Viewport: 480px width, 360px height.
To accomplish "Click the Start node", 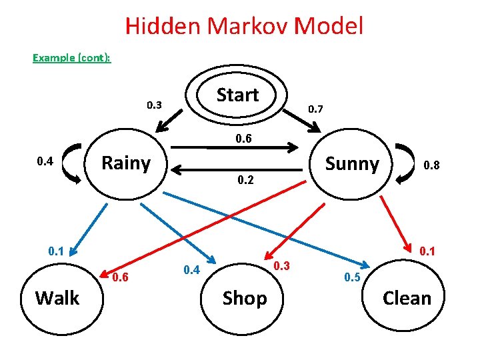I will [237, 95].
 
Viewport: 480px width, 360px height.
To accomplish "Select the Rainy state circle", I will [125, 164].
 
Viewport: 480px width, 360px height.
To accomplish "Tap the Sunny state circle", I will [351, 164].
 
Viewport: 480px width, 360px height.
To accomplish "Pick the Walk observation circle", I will [57, 298].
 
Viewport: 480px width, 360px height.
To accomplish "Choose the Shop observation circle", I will [244, 298].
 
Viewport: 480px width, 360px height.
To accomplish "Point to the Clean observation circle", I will [407, 298].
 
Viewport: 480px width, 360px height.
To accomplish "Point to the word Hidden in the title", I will [163, 27].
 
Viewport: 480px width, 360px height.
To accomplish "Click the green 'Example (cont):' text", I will [72, 57].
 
